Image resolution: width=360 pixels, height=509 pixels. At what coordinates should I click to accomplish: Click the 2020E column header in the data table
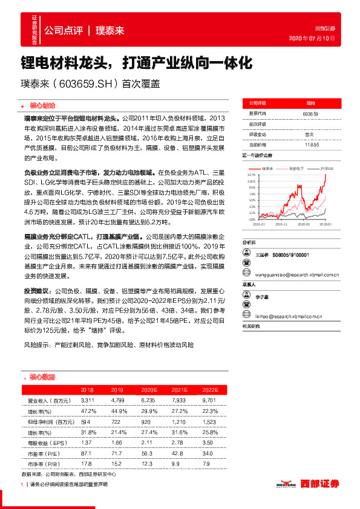(x=148, y=390)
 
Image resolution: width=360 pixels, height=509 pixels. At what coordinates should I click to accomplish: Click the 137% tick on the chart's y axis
(x=251, y=174)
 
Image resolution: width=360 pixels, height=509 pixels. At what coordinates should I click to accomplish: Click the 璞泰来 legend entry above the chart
(x=268, y=168)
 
